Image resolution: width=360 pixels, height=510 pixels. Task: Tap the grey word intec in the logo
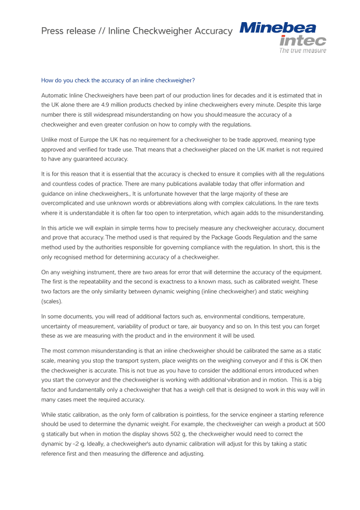302,41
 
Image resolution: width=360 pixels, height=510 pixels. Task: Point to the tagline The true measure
302,51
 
